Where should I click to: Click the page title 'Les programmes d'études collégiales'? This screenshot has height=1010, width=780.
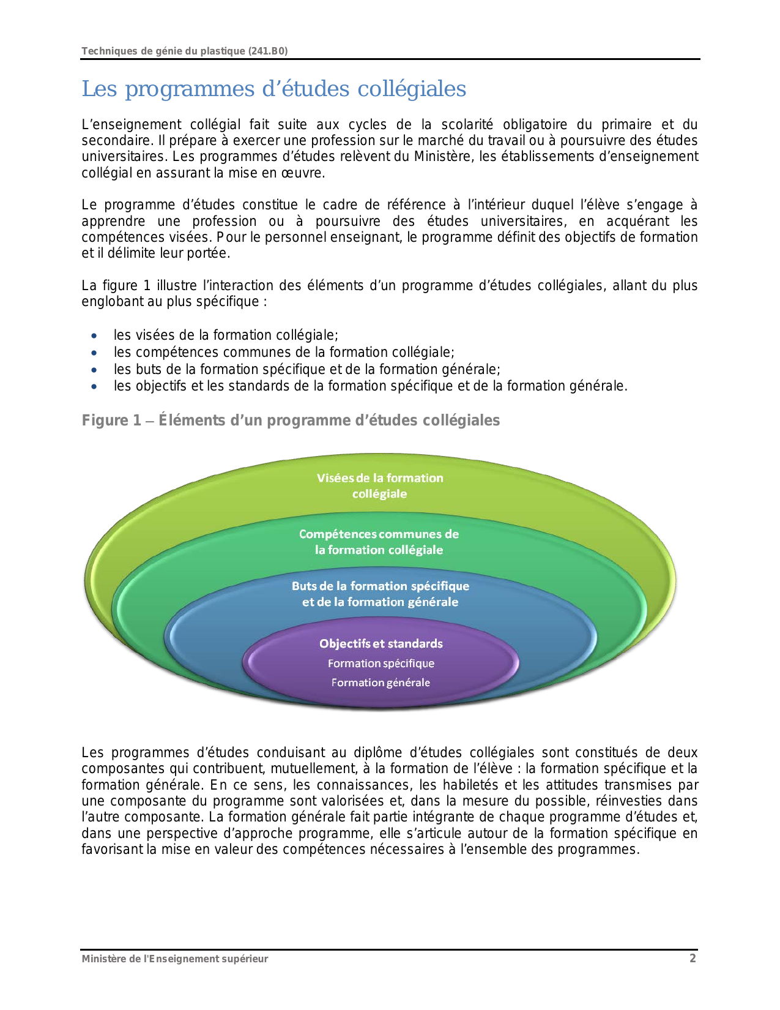[x=273, y=89]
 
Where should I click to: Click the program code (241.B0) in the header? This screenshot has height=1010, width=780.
[x=268, y=51]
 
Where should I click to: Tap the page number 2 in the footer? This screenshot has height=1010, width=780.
[x=693, y=959]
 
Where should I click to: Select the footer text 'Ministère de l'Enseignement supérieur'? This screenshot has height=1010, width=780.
[x=175, y=959]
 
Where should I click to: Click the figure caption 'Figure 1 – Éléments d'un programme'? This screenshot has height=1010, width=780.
[x=291, y=421]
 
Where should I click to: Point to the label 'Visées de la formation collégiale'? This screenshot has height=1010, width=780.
[x=380, y=486]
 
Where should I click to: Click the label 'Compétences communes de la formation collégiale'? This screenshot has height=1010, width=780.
[x=379, y=542]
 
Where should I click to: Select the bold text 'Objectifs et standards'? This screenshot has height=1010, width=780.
[x=381, y=643]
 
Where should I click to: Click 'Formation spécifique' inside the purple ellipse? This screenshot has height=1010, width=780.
[x=381, y=664]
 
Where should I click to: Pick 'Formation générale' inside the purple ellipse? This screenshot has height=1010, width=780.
[x=381, y=683]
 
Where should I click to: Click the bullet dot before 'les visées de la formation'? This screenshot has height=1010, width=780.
[x=94, y=336]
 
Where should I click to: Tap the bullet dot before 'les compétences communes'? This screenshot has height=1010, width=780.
[x=94, y=353]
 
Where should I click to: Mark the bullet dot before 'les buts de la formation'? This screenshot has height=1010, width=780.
[x=94, y=370]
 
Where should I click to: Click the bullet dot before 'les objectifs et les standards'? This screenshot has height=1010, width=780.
[x=94, y=387]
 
